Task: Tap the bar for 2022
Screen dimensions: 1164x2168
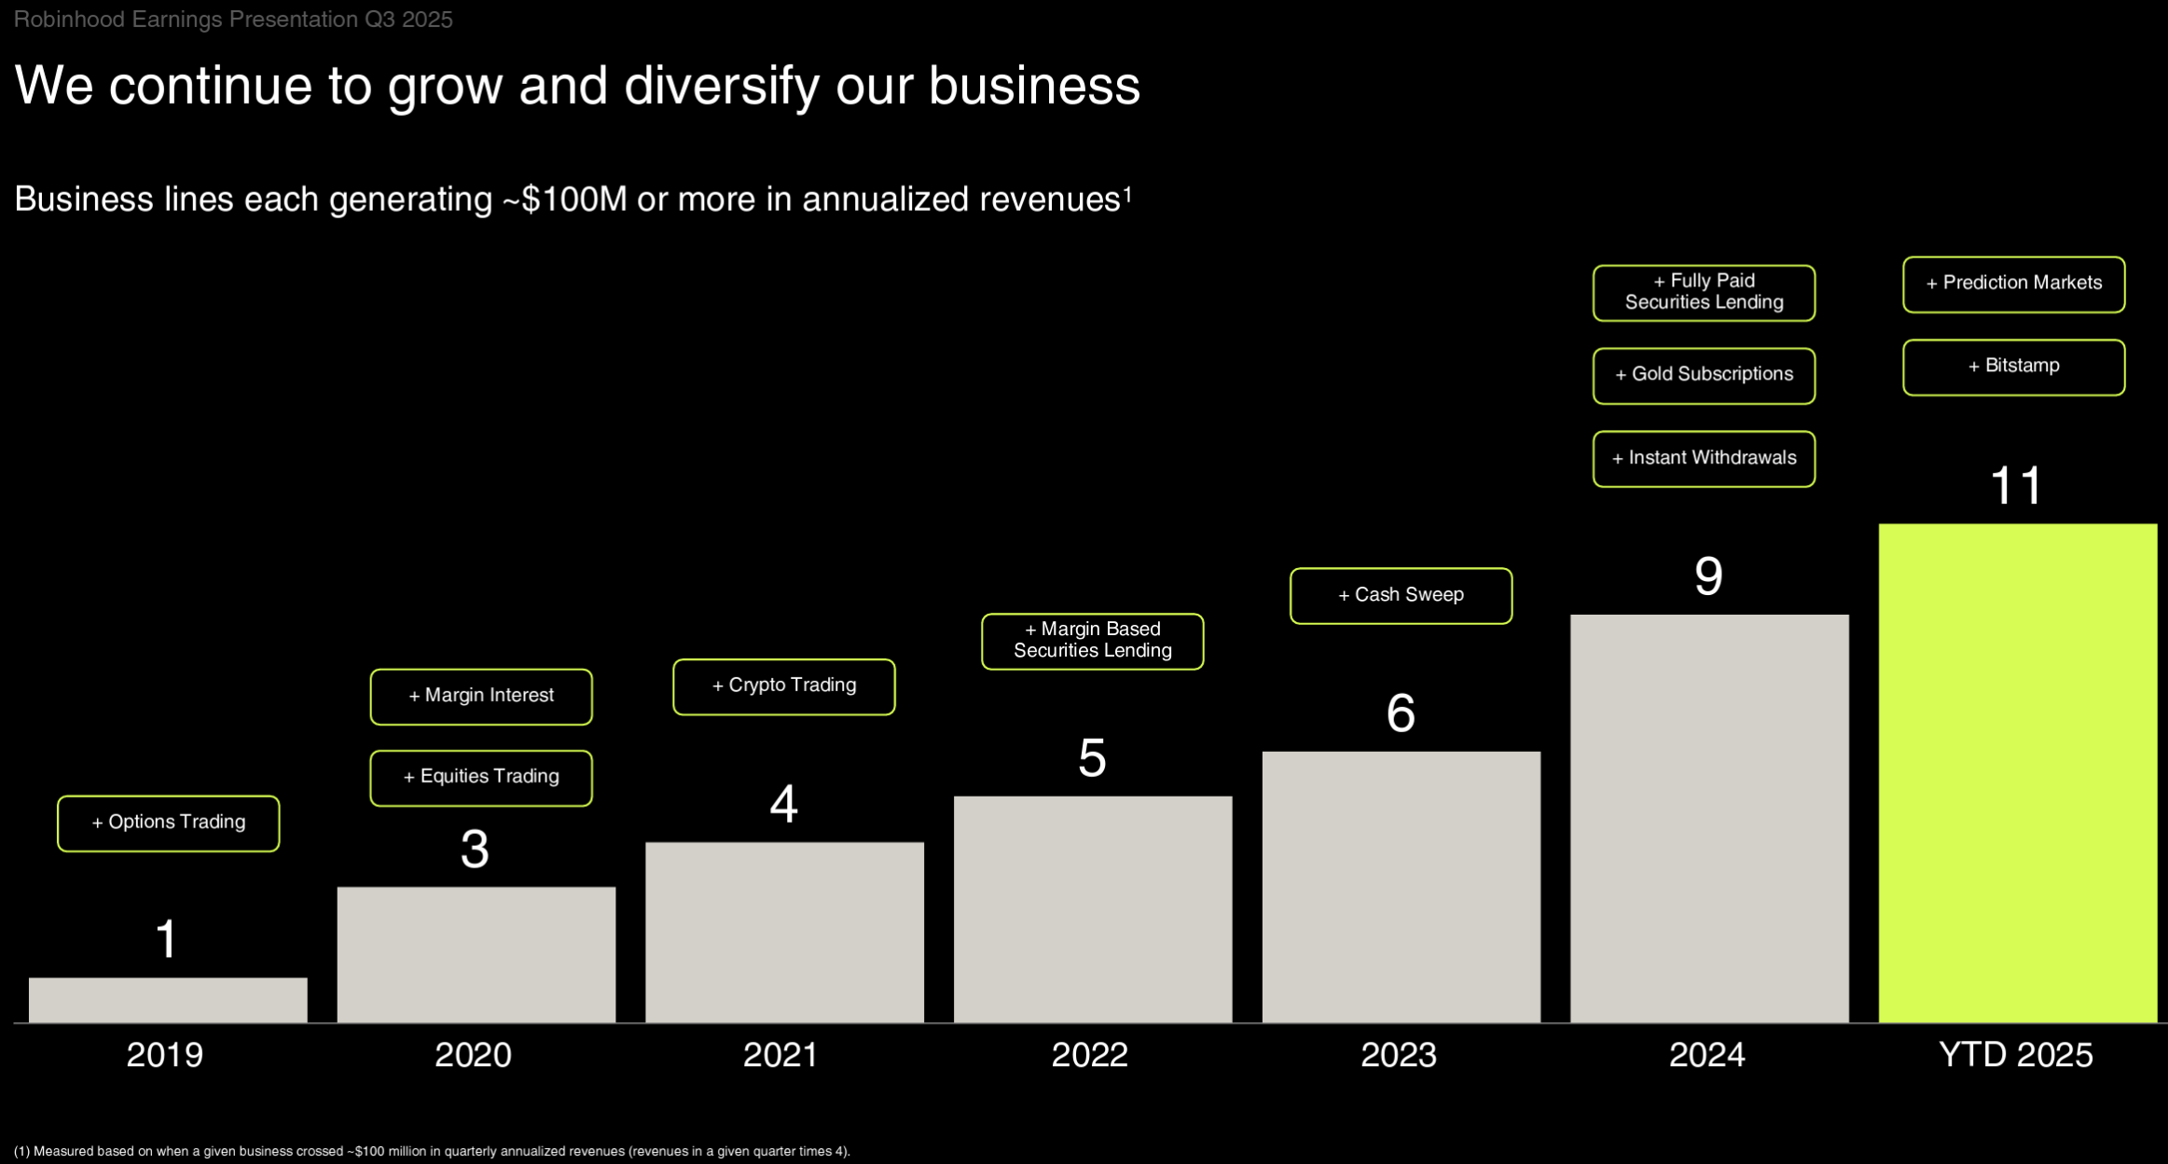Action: (1092, 908)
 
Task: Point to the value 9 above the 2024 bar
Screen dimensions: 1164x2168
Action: (1708, 576)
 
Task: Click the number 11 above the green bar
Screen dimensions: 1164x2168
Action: (2015, 486)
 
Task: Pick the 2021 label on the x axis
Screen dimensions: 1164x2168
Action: (780, 1055)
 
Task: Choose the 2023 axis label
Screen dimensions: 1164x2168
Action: (1398, 1055)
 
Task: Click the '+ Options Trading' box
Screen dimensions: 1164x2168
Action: (168, 823)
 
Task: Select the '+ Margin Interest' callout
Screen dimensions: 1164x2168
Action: (481, 696)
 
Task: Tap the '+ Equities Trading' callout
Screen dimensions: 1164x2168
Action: (481, 777)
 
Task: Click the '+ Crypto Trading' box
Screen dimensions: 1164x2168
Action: (783, 686)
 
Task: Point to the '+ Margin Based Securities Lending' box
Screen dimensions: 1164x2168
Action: (1092, 641)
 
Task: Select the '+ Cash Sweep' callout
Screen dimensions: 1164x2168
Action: (1401, 595)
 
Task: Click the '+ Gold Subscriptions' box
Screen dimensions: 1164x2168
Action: (1704, 375)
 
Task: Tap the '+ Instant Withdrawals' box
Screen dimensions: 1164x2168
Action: (1704, 458)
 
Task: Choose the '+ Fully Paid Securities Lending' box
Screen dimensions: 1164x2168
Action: (1704, 292)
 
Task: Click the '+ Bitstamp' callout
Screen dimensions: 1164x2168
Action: (2013, 367)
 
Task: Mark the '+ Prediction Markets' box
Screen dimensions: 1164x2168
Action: (2013, 284)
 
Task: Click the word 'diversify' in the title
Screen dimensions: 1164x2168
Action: (721, 86)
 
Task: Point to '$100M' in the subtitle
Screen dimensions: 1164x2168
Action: (574, 200)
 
